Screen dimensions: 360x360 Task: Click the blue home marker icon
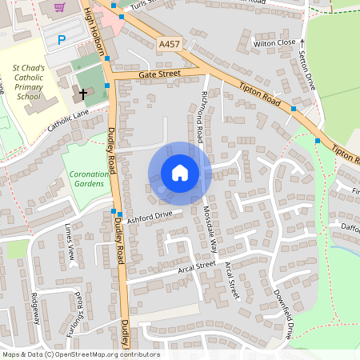180,173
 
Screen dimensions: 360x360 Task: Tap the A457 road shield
169,44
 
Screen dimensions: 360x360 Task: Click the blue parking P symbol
62,39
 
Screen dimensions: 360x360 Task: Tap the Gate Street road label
160,73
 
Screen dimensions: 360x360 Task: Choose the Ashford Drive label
150,215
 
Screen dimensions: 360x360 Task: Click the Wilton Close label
274,42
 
